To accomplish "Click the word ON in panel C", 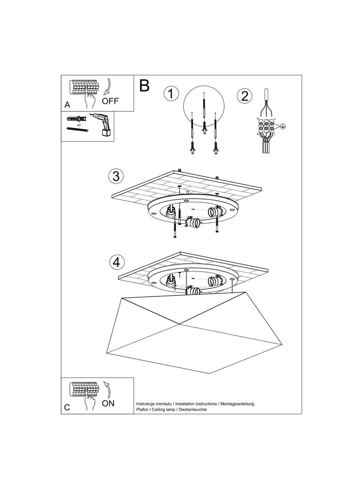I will [108, 403].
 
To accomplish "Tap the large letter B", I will [144, 85].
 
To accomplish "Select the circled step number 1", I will [170, 94].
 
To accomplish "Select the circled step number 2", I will [244, 96].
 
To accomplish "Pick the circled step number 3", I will [116, 176].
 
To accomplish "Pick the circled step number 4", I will [117, 262].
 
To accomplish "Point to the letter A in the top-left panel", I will [67, 105].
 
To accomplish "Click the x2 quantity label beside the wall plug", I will [79, 125].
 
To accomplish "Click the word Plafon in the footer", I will [143, 409].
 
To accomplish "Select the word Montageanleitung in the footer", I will [237, 404].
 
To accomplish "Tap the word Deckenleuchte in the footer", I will [193, 409].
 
